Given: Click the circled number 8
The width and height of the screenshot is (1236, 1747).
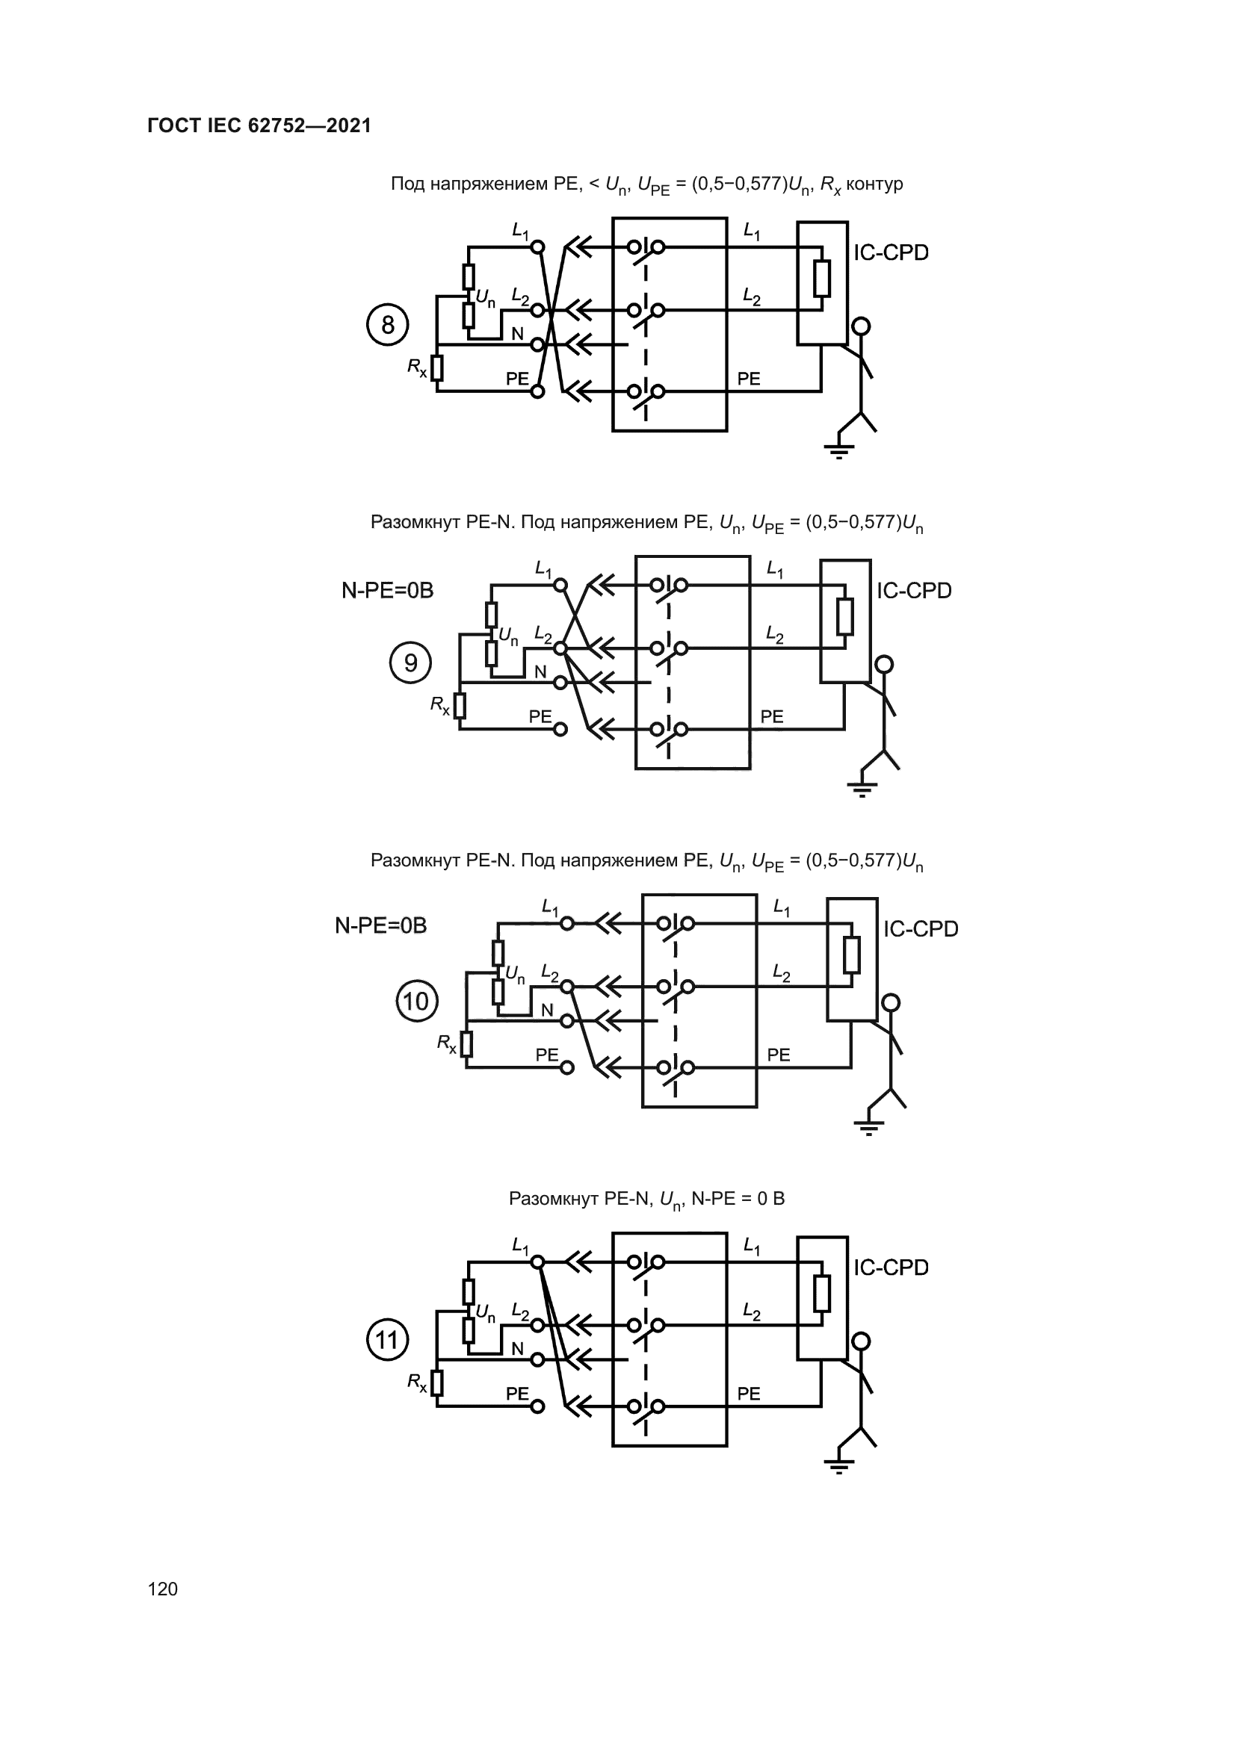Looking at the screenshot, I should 387,326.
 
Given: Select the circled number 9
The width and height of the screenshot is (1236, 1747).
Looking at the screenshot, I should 410,663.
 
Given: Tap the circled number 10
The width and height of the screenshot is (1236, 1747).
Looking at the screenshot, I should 417,1002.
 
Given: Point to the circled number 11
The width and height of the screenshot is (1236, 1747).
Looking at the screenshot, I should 387,1340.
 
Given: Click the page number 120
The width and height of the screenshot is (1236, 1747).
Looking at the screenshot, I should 163,1589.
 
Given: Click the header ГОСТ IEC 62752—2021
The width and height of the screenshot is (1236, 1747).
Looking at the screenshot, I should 259,126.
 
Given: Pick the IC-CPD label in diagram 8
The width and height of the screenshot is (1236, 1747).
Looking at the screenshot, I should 891,253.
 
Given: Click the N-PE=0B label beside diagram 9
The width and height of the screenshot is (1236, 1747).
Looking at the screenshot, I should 387,592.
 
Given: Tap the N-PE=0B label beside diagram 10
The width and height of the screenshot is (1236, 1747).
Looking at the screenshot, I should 381,926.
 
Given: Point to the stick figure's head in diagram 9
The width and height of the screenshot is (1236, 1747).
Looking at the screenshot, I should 883,664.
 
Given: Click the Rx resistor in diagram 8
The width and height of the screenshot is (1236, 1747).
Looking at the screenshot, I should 437,368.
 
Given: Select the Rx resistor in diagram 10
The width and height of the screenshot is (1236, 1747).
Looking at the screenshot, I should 466,1044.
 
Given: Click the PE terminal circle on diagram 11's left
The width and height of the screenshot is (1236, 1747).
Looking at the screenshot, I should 537,1406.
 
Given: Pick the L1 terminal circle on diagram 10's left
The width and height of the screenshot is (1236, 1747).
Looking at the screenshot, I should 567,924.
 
